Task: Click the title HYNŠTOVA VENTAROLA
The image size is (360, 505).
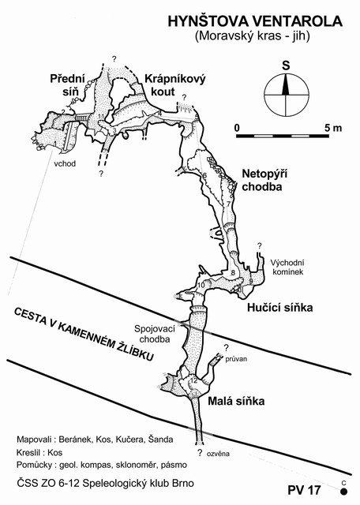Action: point(255,21)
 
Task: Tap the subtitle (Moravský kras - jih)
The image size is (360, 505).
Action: point(252,36)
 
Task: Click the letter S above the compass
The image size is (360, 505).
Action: point(286,65)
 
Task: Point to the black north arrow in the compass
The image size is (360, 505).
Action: point(286,84)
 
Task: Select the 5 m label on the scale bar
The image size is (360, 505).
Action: point(333,128)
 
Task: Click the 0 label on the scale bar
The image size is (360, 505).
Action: point(237,128)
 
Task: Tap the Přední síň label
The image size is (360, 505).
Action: point(67,85)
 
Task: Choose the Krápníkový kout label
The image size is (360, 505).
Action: point(175,85)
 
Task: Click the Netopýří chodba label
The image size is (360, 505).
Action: point(264,181)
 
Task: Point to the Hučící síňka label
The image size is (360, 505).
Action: point(280,308)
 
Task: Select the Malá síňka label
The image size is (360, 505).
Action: point(236,401)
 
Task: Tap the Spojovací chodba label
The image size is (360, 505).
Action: point(155,334)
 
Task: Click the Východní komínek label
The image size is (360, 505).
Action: point(287,267)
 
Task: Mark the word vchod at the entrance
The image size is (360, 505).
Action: point(65,163)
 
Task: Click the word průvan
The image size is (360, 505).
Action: point(236,359)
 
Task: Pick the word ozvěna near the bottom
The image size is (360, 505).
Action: point(218,454)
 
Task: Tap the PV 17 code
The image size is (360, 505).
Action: point(304,490)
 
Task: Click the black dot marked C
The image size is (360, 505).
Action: point(344,492)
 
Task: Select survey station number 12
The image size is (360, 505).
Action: point(193,380)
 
